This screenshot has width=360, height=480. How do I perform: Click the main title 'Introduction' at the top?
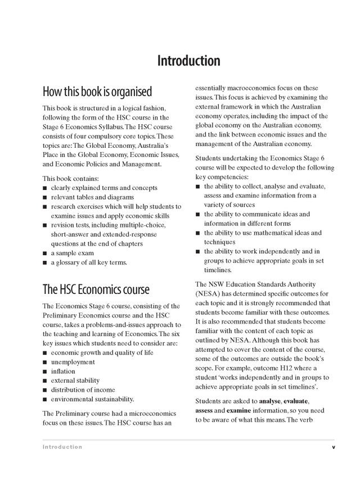point(188,60)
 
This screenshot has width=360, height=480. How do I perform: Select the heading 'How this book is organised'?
point(97,91)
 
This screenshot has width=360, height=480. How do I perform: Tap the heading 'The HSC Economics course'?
point(96,289)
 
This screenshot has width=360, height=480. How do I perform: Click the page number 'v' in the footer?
point(333,447)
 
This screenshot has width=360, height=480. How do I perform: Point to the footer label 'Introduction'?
point(62,447)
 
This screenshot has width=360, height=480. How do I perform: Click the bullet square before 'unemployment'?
point(45,363)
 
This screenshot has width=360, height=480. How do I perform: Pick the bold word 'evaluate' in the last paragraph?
point(299,401)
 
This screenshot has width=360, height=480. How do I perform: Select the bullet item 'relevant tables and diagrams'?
point(101,197)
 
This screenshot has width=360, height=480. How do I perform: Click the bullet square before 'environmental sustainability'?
point(45,399)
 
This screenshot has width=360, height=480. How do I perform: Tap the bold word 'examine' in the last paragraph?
point(231,410)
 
